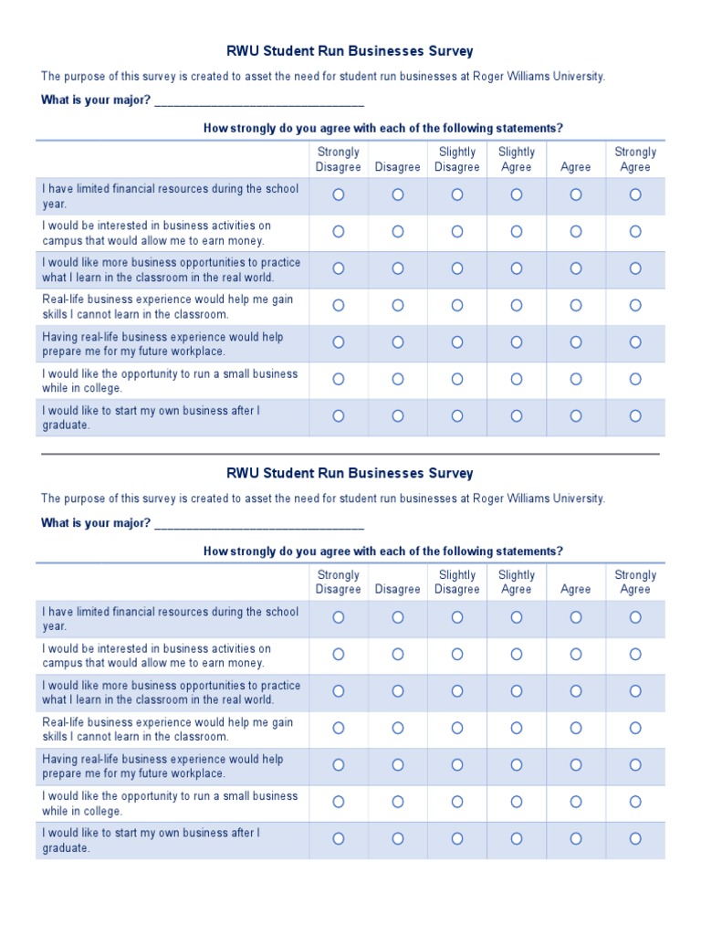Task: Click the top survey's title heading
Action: [350, 51]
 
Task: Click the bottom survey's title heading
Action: [350, 473]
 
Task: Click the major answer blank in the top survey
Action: [259, 101]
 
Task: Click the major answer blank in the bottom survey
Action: [259, 524]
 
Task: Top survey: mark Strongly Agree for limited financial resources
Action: [635, 194]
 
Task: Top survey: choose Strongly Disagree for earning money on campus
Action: [339, 232]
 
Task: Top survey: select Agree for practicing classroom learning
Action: [576, 268]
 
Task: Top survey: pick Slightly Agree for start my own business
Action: [517, 415]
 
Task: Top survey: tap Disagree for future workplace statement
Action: [398, 342]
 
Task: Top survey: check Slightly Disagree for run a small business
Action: [457, 379]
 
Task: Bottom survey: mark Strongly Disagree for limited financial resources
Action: [339, 617]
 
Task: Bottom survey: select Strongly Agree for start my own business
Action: [635, 838]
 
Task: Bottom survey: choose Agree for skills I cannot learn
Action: [576, 728]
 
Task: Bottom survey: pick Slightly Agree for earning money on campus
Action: [517, 655]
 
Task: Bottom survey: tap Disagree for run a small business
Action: [398, 802]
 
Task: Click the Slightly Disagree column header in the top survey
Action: [457, 160]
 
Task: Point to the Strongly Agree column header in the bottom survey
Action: [635, 582]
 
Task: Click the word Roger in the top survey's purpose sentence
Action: [490, 77]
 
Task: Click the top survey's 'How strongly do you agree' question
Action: [382, 129]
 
